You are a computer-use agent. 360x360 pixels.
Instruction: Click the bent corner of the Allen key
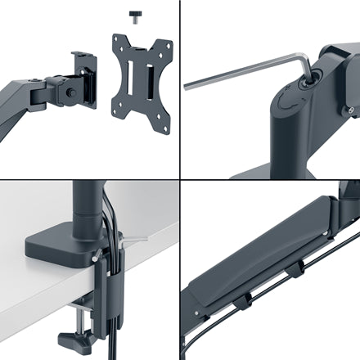coord(304,59)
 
